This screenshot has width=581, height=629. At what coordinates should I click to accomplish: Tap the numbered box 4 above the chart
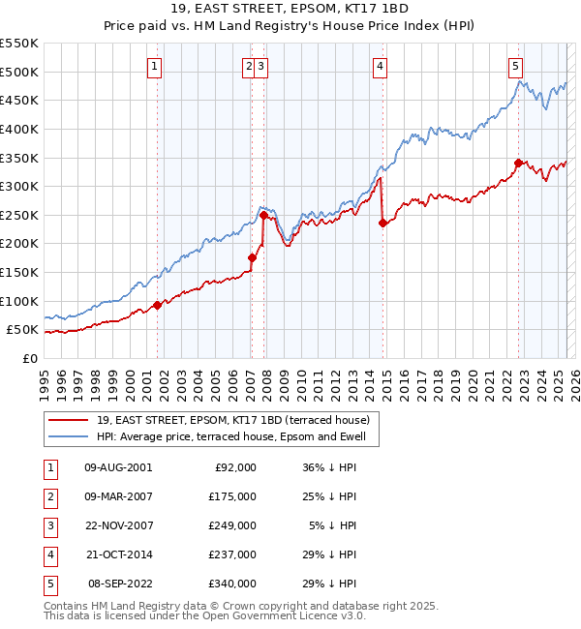pyautogui.click(x=381, y=67)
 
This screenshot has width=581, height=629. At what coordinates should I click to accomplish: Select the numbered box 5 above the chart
pyautogui.click(x=515, y=67)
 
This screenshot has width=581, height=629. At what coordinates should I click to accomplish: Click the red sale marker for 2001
pyautogui.click(x=157, y=306)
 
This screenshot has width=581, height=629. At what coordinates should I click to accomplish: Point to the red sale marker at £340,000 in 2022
pyautogui.click(x=518, y=163)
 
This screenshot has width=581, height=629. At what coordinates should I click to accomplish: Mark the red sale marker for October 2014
pyautogui.click(x=383, y=223)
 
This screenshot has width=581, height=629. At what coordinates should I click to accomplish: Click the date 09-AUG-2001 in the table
pyautogui.click(x=118, y=467)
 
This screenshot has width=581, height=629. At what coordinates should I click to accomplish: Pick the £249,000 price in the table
pyautogui.click(x=233, y=525)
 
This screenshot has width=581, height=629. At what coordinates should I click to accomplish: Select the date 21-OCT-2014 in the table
pyautogui.click(x=118, y=554)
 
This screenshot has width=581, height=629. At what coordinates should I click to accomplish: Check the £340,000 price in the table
pyautogui.click(x=233, y=584)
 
